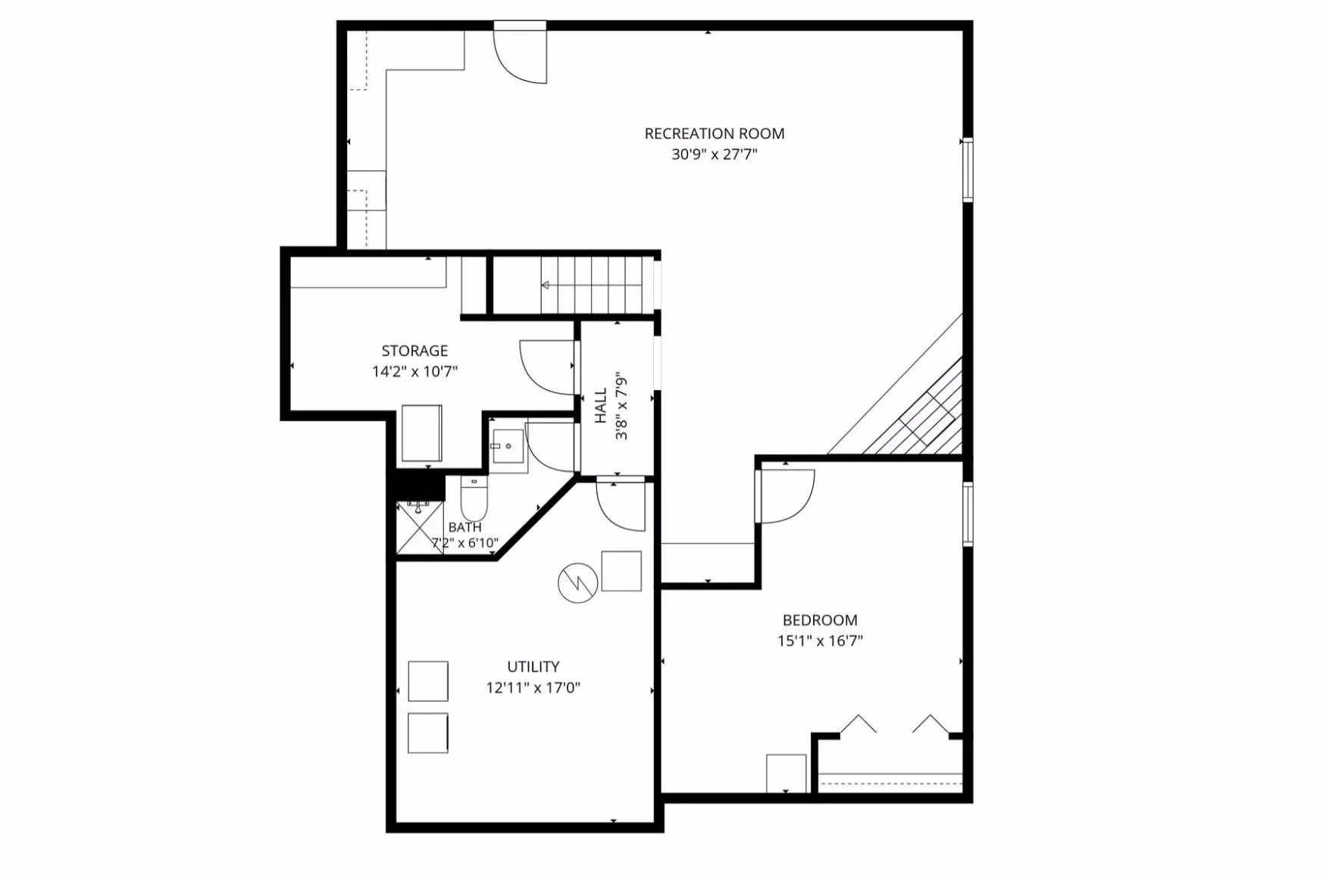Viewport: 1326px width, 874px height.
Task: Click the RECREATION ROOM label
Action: tap(714, 133)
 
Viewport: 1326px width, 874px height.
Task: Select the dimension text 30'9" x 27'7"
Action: tap(714, 155)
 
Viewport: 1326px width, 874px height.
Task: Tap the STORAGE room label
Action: tap(414, 351)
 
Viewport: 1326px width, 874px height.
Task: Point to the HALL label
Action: tap(601, 405)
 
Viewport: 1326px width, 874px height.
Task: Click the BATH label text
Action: tap(464, 527)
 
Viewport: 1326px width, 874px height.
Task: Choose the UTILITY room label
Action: tap(533, 666)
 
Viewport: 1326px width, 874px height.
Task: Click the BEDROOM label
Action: tap(820, 620)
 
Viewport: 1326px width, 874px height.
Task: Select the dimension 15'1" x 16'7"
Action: tap(820, 641)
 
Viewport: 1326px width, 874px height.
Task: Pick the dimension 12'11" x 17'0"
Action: tap(533, 688)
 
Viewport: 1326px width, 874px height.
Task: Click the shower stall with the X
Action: tap(420, 527)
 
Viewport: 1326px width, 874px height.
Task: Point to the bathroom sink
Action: tap(507, 447)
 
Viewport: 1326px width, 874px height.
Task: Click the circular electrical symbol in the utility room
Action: tap(577, 583)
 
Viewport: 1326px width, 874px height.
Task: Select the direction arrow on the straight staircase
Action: tap(592, 285)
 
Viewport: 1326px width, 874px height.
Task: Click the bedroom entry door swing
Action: tap(788, 496)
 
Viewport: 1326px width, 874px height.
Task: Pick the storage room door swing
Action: tap(547, 367)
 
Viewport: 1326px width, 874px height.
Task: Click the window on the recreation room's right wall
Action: tap(968, 169)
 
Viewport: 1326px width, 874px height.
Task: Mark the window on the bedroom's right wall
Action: tap(968, 513)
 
